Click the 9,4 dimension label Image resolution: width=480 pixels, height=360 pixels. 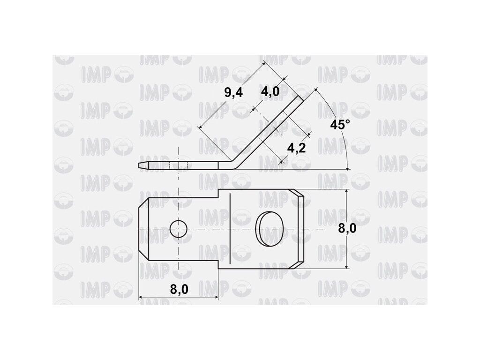click(x=233, y=92)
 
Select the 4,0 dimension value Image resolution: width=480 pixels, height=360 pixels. click(x=270, y=91)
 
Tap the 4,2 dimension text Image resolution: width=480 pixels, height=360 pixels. click(x=296, y=148)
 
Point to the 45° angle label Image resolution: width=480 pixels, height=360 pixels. click(x=340, y=125)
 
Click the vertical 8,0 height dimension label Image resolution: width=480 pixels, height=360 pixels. click(x=347, y=228)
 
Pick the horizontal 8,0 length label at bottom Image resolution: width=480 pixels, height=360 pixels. click(x=179, y=289)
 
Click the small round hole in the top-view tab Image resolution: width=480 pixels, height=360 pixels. click(x=179, y=229)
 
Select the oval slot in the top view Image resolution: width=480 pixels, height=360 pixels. click(x=269, y=228)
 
